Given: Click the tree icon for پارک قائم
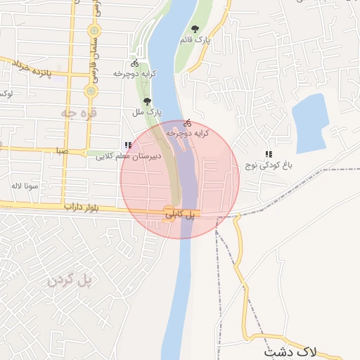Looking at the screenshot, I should pyautogui.click(x=195, y=30).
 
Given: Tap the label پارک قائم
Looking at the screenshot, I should pyautogui.click(x=195, y=41).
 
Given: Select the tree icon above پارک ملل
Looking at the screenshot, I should pyautogui.click(x=147, y=101).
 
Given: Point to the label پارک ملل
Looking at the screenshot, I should pyautogui.click(x=147, y=112).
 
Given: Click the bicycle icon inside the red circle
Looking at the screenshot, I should pyautogui.click(x=187, y=122).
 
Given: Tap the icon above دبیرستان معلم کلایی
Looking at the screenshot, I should pyautogui.click(x=128, y=146).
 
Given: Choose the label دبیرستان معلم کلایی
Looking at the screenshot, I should pyautogui.click(x=129, y=156).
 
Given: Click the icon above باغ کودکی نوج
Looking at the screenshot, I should pyautogui.click(x=268, y=154).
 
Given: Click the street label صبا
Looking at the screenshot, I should pyautogui.click(x=63, y=150).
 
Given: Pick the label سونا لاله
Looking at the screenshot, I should pyautogui.click(x=24, y=186).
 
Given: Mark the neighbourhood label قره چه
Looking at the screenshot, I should pyautogui.click(x=79, y=112).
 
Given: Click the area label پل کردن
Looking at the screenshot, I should pyautogui.click(x=70, y=281).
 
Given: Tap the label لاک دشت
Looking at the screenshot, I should pyautogui.click(x=290, y=350).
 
